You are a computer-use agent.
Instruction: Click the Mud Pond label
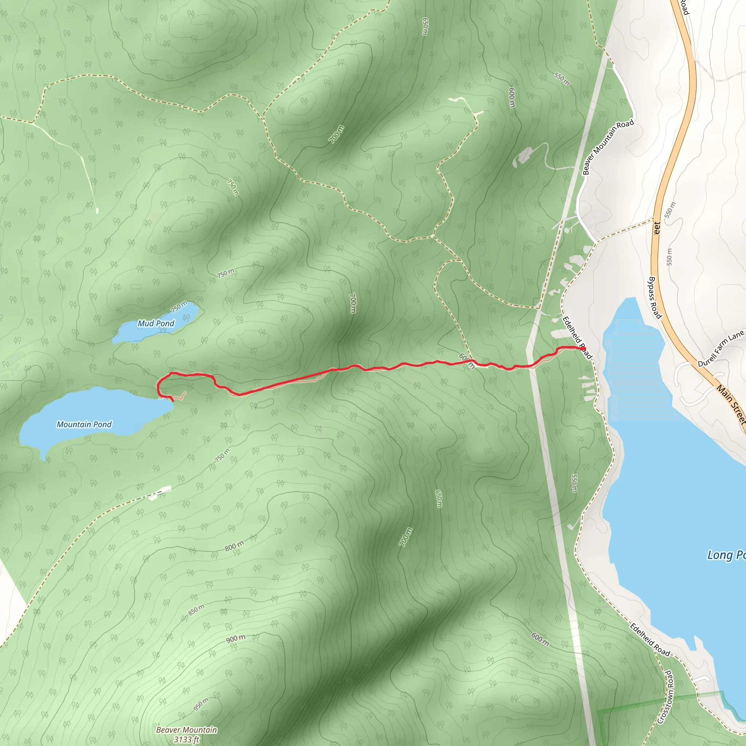click(156, 323)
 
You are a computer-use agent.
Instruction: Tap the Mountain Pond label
click(84, 425)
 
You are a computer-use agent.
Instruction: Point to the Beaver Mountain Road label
click(608, 147)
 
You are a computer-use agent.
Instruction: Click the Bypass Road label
click(655, 298)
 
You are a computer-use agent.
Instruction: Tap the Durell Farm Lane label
click(721, 349)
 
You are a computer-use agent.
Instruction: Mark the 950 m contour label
click(201, 705)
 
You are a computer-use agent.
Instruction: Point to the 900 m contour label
click(236, 639)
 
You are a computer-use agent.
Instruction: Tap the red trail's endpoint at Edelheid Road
click(584, 349)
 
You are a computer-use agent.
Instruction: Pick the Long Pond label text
click(726, 555)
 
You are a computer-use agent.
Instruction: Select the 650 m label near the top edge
click(425, 26)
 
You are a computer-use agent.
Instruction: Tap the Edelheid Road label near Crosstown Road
click(650, 640)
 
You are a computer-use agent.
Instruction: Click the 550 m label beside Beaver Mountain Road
click(562, 79)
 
